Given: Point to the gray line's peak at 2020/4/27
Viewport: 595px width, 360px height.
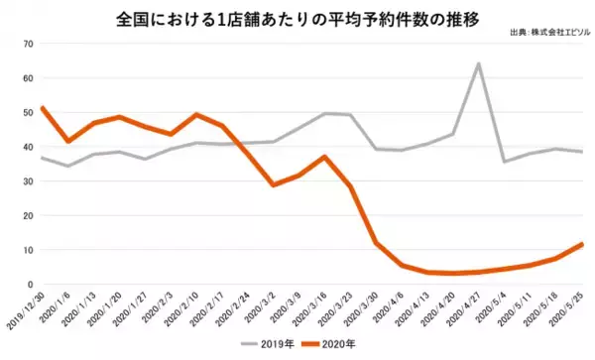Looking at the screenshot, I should click(x=479, y=64).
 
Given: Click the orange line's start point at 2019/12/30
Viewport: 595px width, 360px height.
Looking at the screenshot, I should click(x=41, y=107).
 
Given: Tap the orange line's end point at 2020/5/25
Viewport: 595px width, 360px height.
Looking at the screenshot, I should click(x=582, y=244).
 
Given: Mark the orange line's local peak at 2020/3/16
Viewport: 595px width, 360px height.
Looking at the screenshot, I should click(x=323, y=157).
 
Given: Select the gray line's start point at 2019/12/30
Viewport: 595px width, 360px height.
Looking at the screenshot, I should click(x=41, y=158).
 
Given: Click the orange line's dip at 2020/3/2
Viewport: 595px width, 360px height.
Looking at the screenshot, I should click(x=273, y=185).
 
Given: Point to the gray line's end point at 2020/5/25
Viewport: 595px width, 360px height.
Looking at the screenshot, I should click(x=582, y=152).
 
